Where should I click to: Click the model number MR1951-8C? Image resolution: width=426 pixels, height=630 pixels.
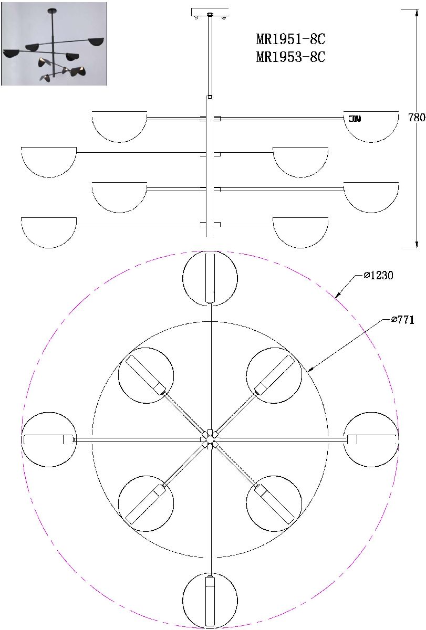pos(290,39)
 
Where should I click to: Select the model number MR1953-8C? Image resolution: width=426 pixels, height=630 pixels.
pos(290,57)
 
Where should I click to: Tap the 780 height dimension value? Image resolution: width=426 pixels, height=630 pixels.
pos(417,117)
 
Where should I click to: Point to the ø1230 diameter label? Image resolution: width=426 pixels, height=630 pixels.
pos(378,275)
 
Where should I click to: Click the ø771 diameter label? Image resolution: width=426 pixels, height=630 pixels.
pos(402,320)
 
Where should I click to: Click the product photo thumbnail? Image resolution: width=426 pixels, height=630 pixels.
pos(54,44)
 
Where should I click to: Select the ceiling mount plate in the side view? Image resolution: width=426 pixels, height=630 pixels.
pos(210,13)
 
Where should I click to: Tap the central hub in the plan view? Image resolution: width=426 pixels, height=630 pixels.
pos(210,439)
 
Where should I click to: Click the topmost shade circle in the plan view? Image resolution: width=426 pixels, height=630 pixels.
pos(210,278)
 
